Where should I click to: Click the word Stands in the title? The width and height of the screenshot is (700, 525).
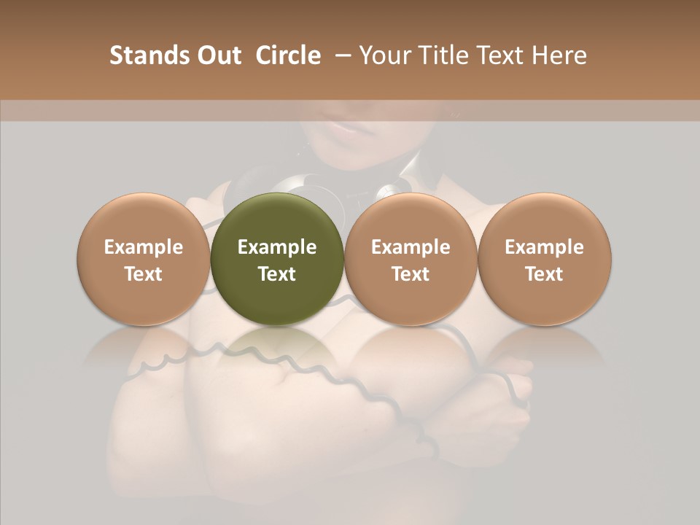(x=145, y=55)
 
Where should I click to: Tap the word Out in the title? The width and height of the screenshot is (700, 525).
(x=217, y=55)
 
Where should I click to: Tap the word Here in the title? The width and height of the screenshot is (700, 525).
(x=559, y=55)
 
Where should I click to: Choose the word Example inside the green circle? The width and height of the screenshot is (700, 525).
(x=277, y=247)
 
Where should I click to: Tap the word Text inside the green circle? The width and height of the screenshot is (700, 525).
(x=277, y=274)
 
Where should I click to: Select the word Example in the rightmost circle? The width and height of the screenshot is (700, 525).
(x=544, y=247)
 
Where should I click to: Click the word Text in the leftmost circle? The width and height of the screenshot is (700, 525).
(x=144, y=274)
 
